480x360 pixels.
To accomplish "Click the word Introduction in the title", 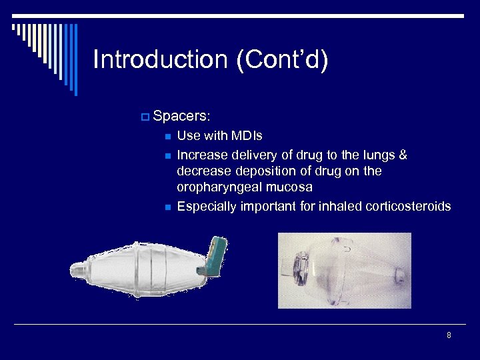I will pos(160,59).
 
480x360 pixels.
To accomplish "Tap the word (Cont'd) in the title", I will pos(282,59).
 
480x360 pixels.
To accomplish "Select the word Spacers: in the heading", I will pos(182,116).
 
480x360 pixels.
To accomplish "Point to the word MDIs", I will pos(246,136).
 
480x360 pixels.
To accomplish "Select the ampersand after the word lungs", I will pos(402,155).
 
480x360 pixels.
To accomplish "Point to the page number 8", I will pos(449,335).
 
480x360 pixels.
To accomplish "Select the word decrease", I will pos(203,171).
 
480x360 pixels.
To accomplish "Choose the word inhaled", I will pos(340,207).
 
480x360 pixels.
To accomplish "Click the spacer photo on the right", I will pos(344,270).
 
